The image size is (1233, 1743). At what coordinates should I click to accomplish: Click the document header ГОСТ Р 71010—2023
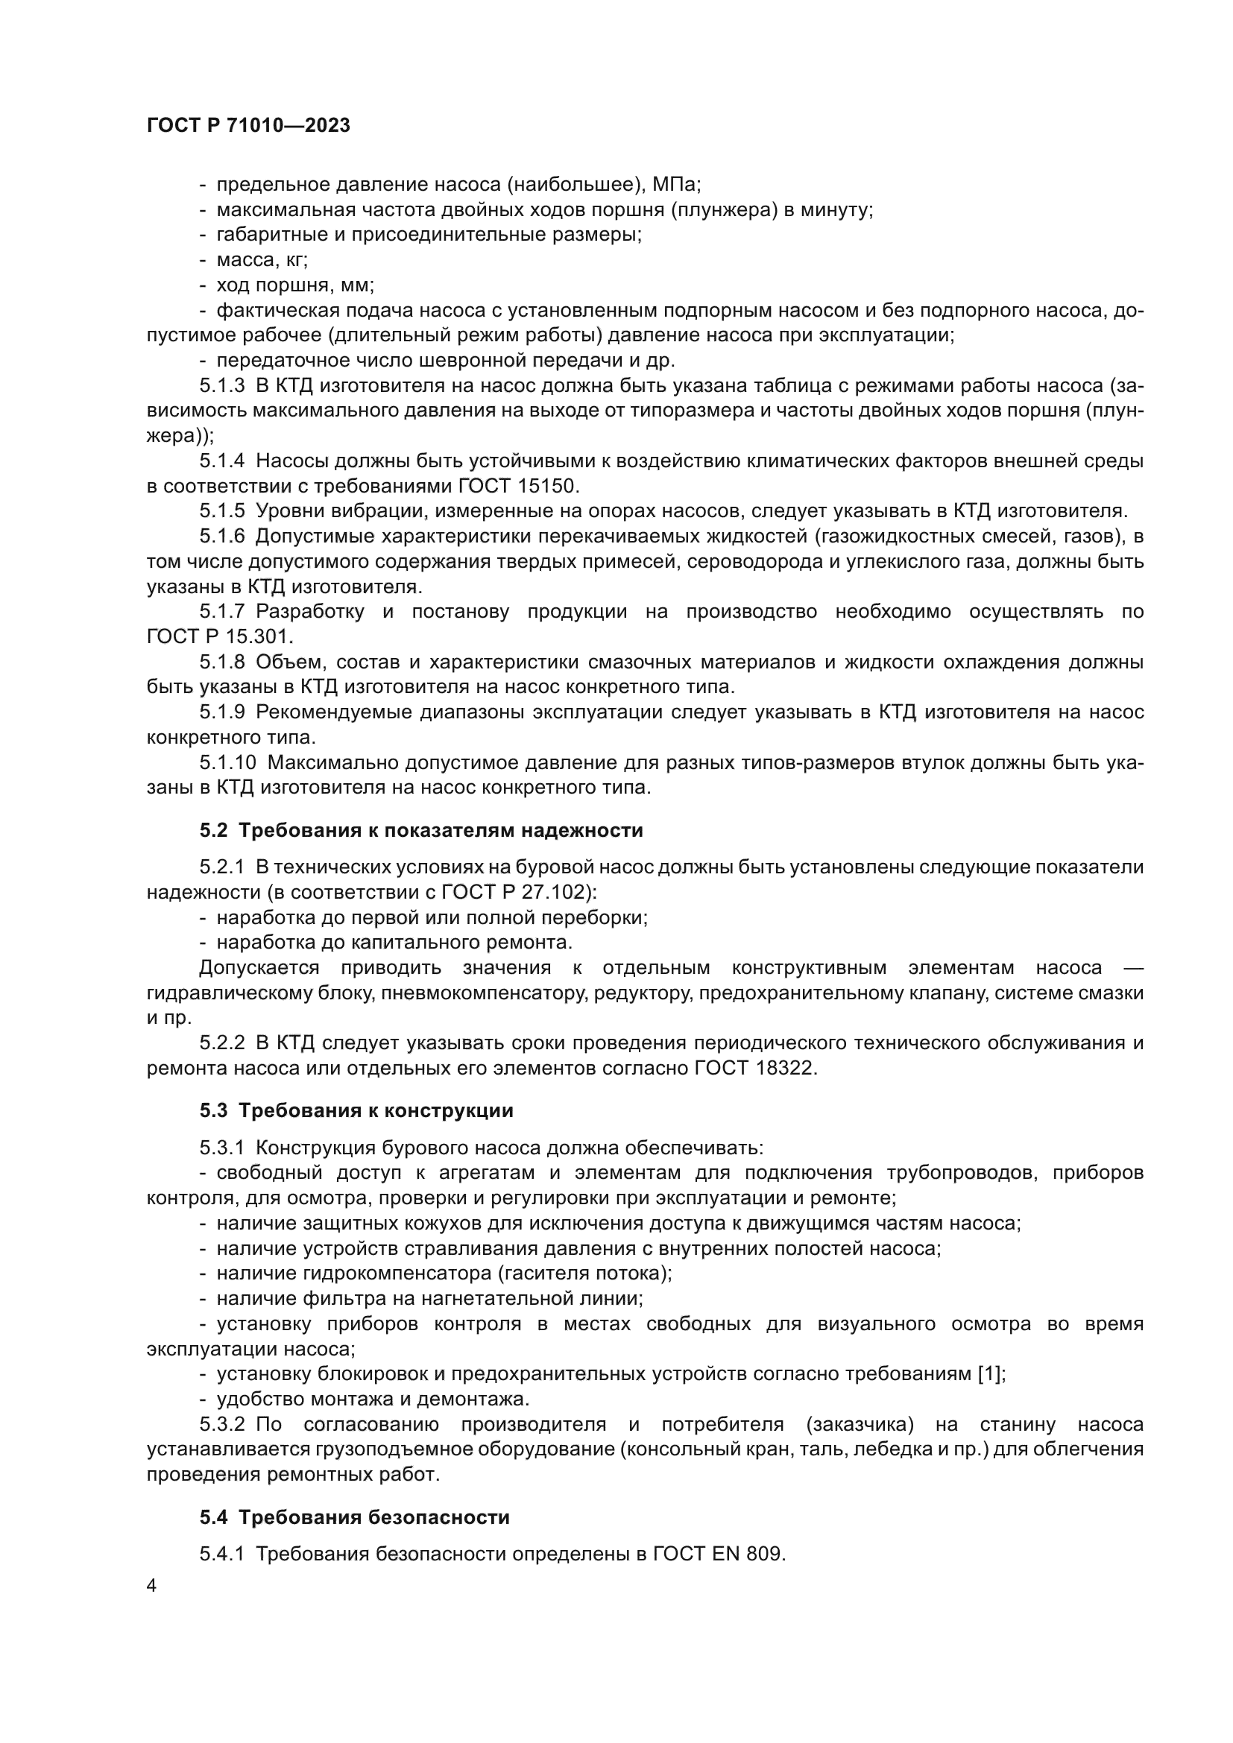tap(248, 126)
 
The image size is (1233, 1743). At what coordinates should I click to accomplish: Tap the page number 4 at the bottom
tap(152, 1587)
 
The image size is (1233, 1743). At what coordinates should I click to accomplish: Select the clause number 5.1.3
tap(221, 386)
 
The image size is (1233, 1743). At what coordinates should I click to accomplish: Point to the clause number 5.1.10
tap(228, 762)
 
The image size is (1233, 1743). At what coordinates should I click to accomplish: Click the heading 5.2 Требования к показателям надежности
tap(421, 830)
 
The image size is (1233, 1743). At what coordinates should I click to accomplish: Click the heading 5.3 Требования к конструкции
tap(357, 1110)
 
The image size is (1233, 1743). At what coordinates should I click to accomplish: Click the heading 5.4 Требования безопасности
tap(355, 1517)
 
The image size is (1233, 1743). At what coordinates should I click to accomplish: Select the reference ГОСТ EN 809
tap(717, 1554)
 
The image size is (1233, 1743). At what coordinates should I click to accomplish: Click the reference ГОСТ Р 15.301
tap(219, 636)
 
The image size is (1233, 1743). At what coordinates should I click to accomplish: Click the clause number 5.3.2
tap(221, 1424)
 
